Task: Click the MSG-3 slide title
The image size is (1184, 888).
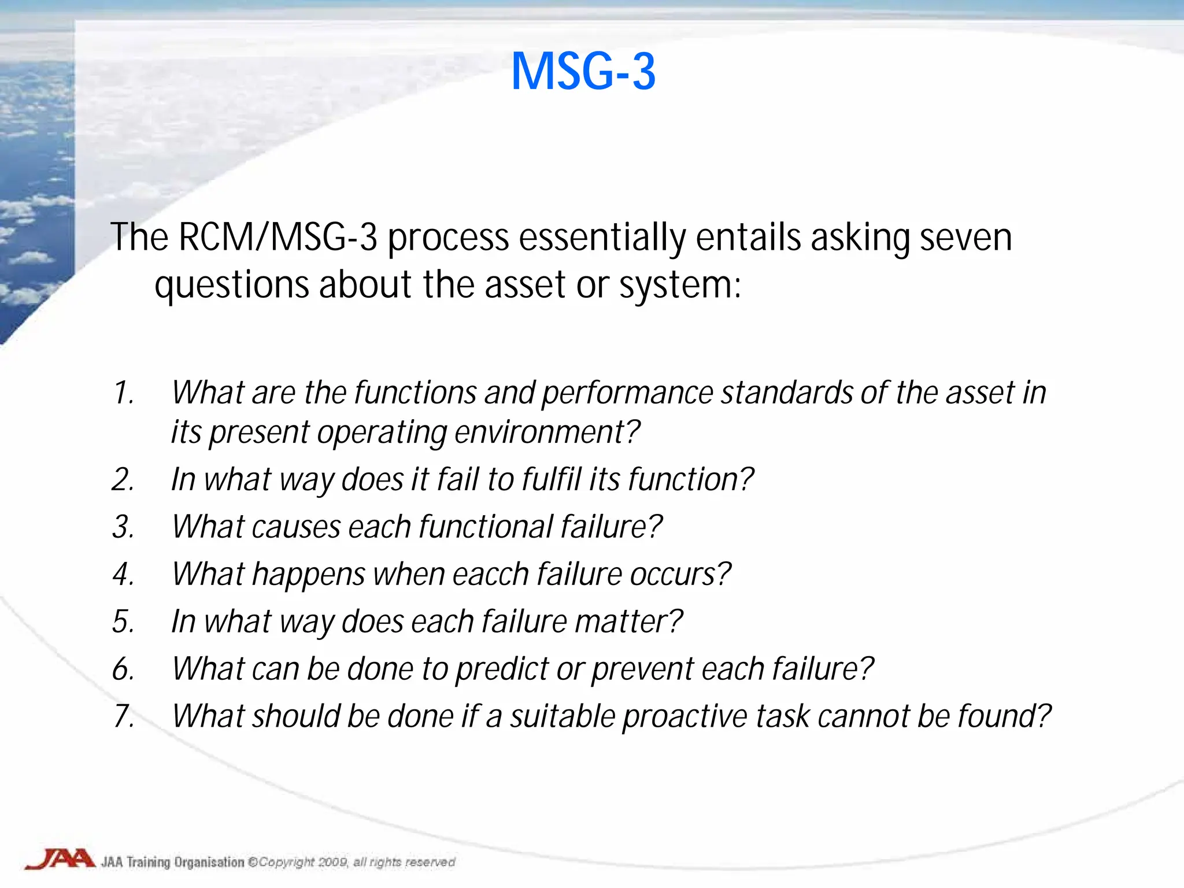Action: click(x=583, y=72)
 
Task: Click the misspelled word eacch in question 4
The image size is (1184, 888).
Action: click(x=491, y=575)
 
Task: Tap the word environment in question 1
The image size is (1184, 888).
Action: click(x=546, y=432)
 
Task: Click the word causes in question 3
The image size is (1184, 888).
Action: click(x=295, y=527)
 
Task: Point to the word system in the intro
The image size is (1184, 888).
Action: click(x=679, y=286)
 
